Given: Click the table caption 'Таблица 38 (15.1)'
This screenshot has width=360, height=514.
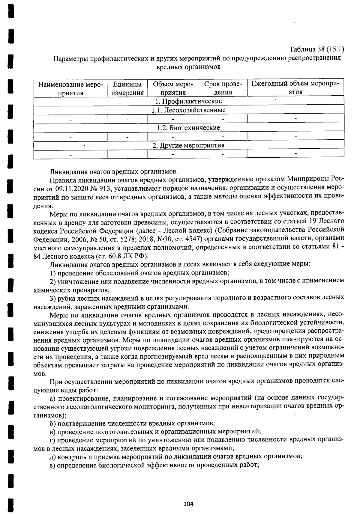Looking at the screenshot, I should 316,49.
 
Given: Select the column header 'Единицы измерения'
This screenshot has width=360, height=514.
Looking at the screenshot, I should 127,88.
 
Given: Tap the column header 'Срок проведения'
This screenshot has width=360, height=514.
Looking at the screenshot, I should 223,88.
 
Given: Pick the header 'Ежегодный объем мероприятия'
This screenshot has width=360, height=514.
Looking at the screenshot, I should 295,88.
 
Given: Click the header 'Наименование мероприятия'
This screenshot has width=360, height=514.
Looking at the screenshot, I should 71,88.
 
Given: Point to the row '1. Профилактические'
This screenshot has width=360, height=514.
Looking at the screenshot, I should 189,101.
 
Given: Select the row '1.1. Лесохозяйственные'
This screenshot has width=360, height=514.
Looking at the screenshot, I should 189,110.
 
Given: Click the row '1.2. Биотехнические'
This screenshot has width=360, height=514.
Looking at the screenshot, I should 189,128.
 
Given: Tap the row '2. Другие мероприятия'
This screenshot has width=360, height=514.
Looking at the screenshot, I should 189,145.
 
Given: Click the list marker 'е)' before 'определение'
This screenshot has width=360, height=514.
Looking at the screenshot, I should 52,465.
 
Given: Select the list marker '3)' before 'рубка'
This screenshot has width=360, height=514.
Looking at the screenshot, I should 53,298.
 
